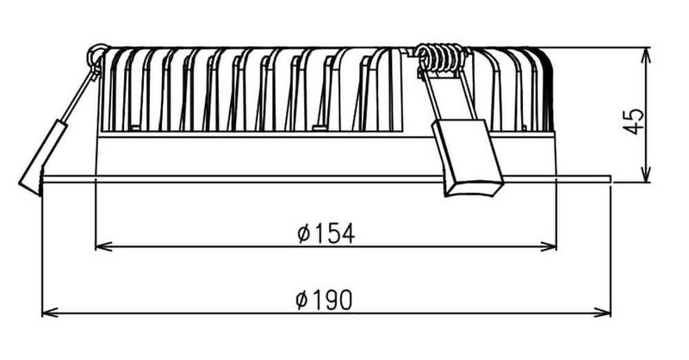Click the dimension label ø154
[326, 233]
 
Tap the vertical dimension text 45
[634, 121]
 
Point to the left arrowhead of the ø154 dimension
[102, 246]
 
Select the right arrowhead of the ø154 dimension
[549, 246]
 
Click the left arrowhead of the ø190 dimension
[50, 313]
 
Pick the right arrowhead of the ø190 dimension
[603, 313]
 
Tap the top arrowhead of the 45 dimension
[646, 55]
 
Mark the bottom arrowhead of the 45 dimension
[646, 174]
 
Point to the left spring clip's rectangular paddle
[43, 158]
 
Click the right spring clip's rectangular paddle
[468, 158]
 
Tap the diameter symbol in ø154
[304, 233]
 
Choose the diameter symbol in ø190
[302, 301]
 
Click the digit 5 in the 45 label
[634, 114]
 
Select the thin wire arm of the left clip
[78, 96]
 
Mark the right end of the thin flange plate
[611, 178]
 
